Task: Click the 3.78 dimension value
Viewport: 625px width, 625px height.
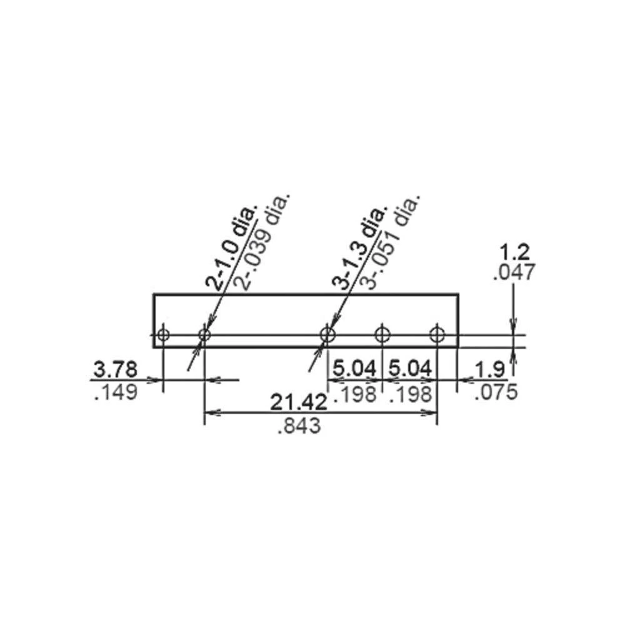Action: [113, 369]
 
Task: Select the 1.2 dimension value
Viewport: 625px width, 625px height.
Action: [515, 252]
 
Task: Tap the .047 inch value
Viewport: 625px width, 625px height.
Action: [514, 273]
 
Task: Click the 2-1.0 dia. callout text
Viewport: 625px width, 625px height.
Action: [232, 247]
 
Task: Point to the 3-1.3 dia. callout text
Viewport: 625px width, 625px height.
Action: [361, 247]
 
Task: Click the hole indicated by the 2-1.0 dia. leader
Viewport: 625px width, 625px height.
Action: [204, 335]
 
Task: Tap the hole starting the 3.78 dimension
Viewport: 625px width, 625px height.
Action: [163, 335]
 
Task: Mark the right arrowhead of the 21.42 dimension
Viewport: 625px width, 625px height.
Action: [431, 412]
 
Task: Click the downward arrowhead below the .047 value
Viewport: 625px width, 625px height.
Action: [513, 326]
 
